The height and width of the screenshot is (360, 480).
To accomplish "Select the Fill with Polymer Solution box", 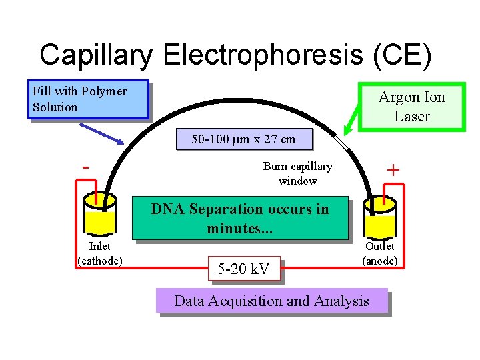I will point(87,100).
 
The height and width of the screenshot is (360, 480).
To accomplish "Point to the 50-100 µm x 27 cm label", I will point(243,140).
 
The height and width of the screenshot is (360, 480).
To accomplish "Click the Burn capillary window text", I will point(297,173).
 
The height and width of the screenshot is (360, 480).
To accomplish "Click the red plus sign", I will point(393,171).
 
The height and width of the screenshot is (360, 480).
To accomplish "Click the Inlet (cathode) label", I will point(100,253).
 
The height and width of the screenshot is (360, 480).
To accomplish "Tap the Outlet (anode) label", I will point(380,253).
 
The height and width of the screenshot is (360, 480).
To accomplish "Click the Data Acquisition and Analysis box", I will point(271,301).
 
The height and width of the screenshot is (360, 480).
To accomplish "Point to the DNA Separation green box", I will point(240,218).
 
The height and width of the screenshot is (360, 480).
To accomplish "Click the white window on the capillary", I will point(342,143).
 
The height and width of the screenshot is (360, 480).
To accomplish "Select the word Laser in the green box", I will point(411,116).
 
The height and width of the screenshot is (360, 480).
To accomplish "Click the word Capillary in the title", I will point(99,55).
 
